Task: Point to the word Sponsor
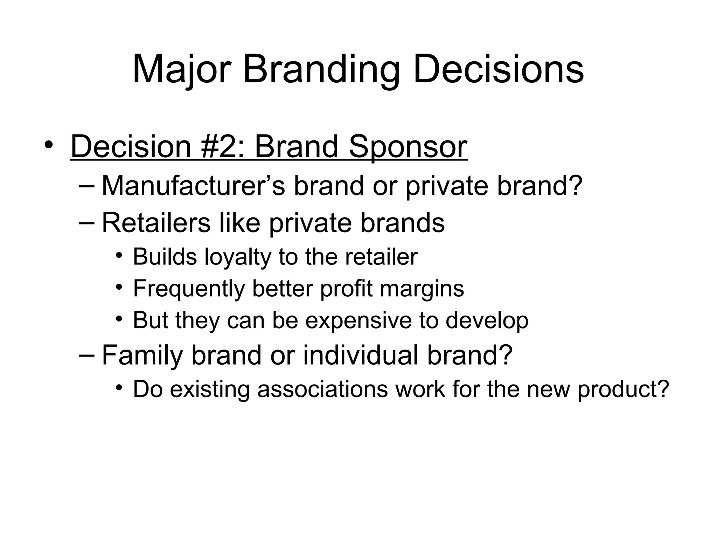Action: pyautogui.click(x=408, y=147)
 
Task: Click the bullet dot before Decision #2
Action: pyautogui.click(x=49, y=145)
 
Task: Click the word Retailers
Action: pyautogui.click(x=156, y=223)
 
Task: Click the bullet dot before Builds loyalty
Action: pyautogui.click(x=119, y=256)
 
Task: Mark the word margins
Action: pyautogui.click(x=422, y=289)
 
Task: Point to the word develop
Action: pyautogui.click(x=487, y=320)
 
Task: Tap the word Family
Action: pyautogui.click(x=142, y=355)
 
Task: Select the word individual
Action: pyautogui.click(x=361, y=355)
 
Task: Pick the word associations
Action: pyautogui.click(x=322, y=389)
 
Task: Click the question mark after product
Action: pyautogui.click(x=663, y=389)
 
